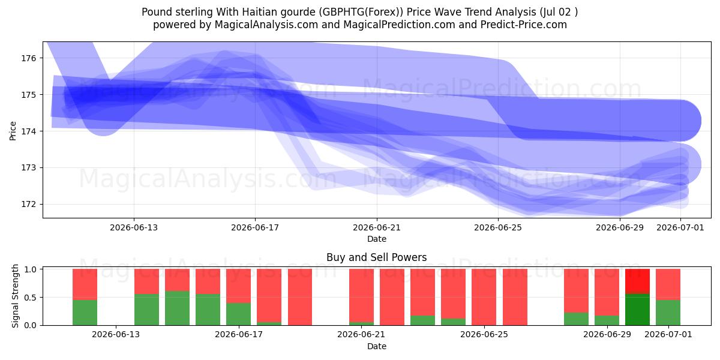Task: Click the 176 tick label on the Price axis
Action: (29, 58)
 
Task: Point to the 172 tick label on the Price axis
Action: (29, 205)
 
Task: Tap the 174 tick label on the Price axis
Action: (29, 131)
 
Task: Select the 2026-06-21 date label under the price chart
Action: (377, 227)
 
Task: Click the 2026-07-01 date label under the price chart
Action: (680, 227)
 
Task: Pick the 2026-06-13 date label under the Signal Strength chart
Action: (116, 335)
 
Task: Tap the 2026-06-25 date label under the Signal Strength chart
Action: (484, 335)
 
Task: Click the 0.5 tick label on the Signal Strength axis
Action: (30, 298)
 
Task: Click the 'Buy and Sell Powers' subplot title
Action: (377, 257)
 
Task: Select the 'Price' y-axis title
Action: (13, 131)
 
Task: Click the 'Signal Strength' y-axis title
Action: (15, 296)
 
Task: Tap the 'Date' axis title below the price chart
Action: (377, 239)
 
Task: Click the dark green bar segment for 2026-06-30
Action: (637, 310)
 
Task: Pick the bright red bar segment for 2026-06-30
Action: (637, 281)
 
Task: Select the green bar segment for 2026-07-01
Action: (668, 313)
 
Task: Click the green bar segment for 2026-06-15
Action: (177, 308)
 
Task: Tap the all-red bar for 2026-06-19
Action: (300, 297)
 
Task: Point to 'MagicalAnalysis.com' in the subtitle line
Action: (266, 25)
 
